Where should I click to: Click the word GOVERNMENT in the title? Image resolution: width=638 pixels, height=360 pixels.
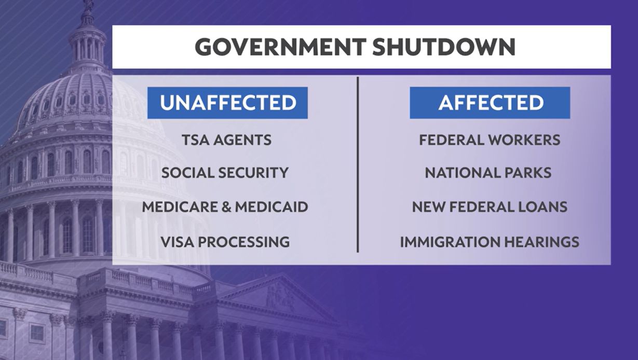point(280,47)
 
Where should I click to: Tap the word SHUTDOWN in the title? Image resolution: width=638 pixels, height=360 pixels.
point(444,47)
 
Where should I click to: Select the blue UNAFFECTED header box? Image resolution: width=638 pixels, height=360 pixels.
point(227,103)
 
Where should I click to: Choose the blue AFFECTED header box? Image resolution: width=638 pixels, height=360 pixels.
point(490,103)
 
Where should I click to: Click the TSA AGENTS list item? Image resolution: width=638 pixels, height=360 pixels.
point(227,140)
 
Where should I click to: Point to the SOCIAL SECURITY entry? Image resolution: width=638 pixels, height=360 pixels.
point(225,173)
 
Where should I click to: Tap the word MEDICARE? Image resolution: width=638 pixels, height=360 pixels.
point(180,207)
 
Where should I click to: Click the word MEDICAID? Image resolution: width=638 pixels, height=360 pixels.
point(272,207)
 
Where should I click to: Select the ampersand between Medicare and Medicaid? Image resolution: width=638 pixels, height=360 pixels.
point(226,207)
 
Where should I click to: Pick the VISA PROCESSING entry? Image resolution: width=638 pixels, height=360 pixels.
point(225,242)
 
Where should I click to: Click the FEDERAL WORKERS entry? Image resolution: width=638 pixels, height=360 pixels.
point(490,140)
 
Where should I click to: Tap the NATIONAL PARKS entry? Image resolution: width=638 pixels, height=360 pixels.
point(488,173)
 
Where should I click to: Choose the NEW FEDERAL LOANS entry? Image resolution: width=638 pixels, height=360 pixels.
point(490,207)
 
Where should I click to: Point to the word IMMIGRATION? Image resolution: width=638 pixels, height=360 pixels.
point(450,242)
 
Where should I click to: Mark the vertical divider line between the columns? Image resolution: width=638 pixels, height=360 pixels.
point(358,164)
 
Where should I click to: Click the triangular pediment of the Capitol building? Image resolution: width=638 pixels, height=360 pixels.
point(280,296)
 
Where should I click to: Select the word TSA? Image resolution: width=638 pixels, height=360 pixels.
point(195,140)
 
